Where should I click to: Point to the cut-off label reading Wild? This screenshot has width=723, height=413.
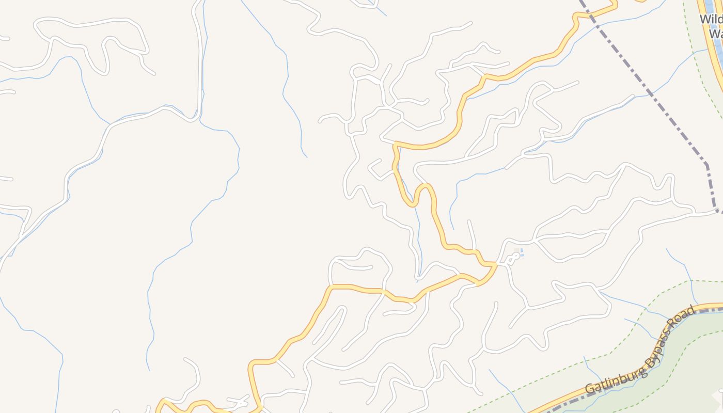[711, 20]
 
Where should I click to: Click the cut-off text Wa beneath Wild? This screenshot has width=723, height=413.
[715, 34]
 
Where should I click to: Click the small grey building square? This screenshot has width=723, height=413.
[516, 250]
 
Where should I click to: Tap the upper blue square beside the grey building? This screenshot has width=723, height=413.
[522, 250]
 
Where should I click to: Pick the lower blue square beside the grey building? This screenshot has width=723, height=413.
[522, 256]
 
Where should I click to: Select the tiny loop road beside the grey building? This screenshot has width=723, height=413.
[513, 259]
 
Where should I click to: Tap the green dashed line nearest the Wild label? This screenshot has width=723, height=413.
[695, 57]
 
